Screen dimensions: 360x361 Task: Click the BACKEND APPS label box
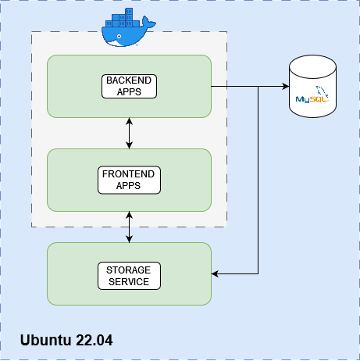pyautogui.click(x=129, y=86)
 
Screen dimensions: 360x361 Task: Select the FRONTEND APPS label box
pyautogui.click(x=129, y=180)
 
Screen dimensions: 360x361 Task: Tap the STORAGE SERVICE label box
pyautogui.click(x=129, y=276)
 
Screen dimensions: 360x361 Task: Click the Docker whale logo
pyautogui.click(x=129, y=27)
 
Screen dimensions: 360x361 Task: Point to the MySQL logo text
pyautogui.click(x=312, y=99)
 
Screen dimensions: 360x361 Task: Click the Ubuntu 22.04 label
pyautogui.click(x=66, y=340)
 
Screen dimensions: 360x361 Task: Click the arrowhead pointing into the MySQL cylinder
pyautogui.click(x=286, y=86)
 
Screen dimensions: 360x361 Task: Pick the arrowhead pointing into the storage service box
pyautogui.click(x=215, y=273)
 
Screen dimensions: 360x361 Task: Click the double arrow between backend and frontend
pyautogui.click(x=129, y=133)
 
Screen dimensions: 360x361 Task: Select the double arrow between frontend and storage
pyautogui.click(x=129, y=227)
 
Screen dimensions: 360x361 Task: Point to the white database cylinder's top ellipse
pyautogui.click(x=312, y=66)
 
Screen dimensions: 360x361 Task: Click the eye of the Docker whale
pyautogui.click(x=119, y=36)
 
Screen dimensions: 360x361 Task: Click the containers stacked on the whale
pyautogui.click(x=123, y=18)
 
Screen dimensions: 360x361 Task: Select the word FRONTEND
pyautogui.click(x=128, y=174)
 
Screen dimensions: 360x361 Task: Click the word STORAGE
pyautogui.click(x=128, y=270)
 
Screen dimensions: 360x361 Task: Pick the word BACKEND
pyautogui.click(x=129, y=80)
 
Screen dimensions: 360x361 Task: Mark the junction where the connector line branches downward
pyautogui.click(x=258, y=86)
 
